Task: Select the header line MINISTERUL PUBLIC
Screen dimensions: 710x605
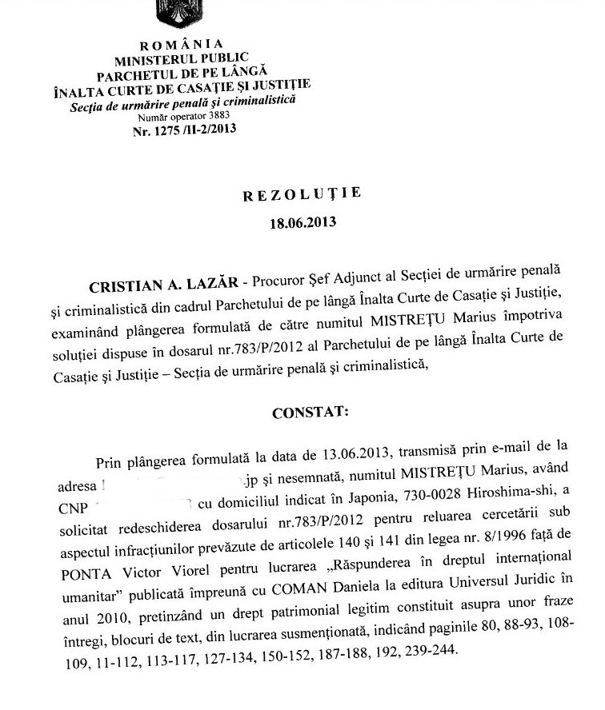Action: (x=182, y=58)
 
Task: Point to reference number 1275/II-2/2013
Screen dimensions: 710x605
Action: (x=182, y=129)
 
